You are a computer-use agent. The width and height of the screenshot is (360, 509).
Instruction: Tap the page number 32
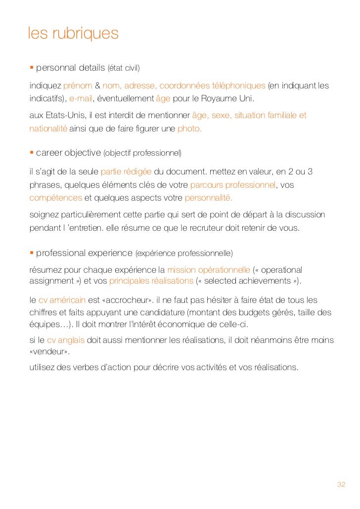(341, 484)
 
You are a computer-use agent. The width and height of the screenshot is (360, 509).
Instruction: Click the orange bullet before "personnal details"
(31, 67)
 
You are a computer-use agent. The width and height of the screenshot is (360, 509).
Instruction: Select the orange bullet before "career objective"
(31, 153)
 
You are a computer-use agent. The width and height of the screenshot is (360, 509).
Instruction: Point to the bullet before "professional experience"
(31, 253)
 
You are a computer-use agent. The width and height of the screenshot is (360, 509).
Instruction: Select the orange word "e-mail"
(81, 99)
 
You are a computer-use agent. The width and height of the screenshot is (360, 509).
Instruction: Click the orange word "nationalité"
(48, 128)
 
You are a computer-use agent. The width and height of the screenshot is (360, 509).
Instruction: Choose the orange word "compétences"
(55, 198)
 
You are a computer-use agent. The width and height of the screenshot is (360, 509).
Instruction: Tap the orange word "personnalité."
(208, 198)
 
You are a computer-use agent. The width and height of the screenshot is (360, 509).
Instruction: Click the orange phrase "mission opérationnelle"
(209, 270)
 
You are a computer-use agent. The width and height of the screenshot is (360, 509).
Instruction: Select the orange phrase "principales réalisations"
(151, 281)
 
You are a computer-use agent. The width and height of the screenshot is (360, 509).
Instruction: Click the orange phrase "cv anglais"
(66, 340)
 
